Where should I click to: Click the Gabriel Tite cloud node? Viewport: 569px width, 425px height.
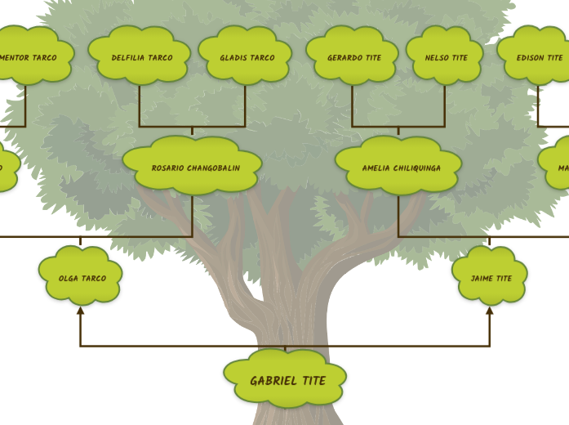[286, 379]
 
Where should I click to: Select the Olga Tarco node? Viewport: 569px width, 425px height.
[81, 277]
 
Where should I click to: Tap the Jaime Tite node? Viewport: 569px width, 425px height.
[491, 277]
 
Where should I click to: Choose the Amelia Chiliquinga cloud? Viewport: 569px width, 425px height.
[399, 168]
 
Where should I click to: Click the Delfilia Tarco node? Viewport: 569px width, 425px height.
[140, 56]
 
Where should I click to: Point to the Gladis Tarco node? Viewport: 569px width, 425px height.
[246, 56]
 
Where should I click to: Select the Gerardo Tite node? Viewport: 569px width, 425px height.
[353, 56]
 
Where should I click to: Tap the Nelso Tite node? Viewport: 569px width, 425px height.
[445, 56]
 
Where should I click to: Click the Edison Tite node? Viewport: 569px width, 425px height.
[539, 56]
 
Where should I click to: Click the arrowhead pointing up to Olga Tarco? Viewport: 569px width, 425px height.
[80, 311]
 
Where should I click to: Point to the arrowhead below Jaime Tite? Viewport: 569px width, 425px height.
[490, 311]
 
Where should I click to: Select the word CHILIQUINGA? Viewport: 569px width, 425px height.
[417, 168]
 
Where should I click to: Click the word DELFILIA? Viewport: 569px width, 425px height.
[128, 58]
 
